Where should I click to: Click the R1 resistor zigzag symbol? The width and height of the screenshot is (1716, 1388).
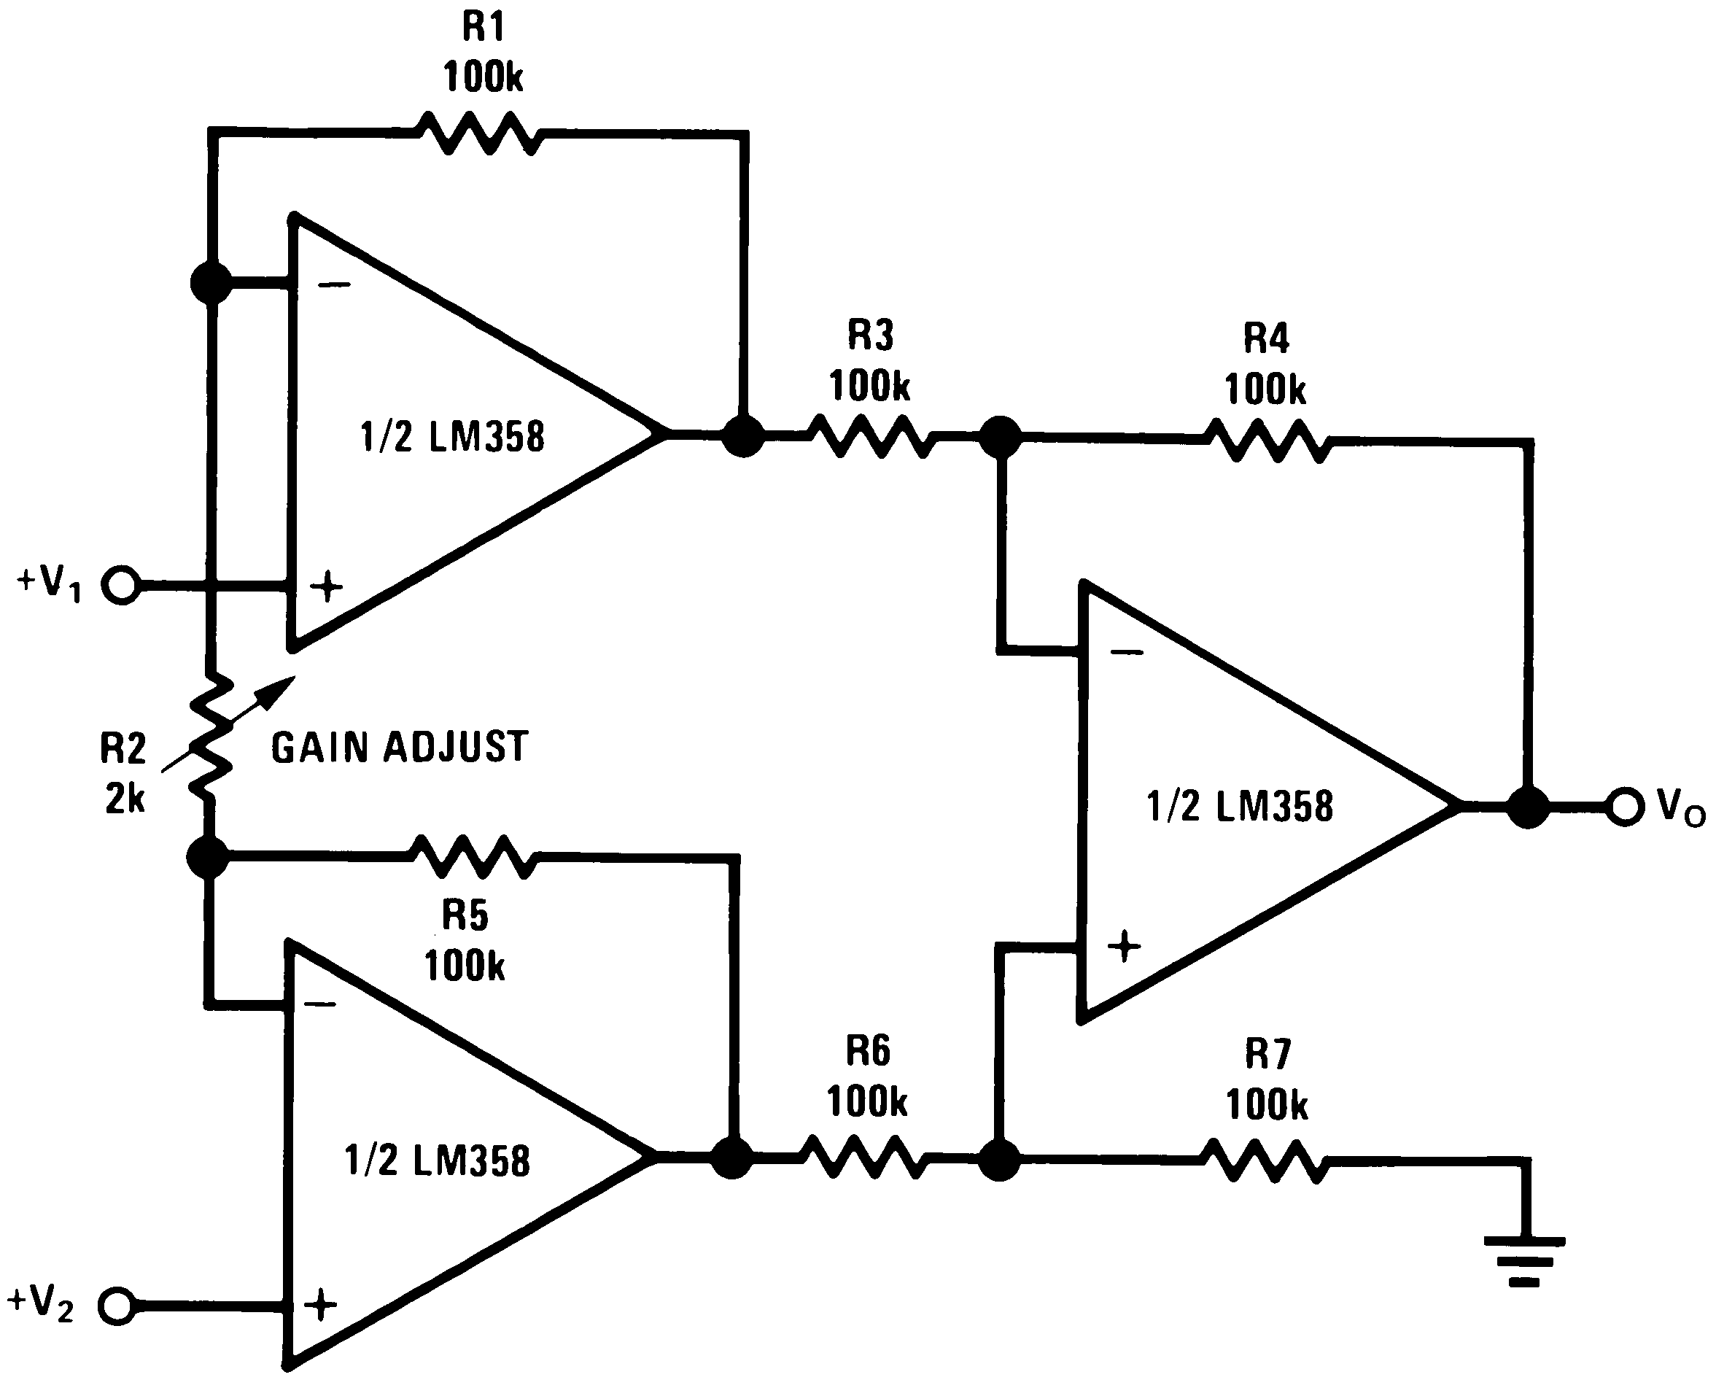[x=480, y=133]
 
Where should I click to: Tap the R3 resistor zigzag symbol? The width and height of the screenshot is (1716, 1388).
[x=870, y=435]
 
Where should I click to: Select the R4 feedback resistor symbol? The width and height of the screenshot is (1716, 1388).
[x=1267, y=440]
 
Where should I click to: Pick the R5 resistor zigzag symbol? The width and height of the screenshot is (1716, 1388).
[x=473, y=857]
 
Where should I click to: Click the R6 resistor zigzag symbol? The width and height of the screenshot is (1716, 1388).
[x=863, y=1157]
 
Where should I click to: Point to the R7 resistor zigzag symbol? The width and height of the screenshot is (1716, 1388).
[x=1265, y=1161]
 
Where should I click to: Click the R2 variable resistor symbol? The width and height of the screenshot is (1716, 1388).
[x=210, y=737]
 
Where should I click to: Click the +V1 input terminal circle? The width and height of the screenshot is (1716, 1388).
[x=122, y=585]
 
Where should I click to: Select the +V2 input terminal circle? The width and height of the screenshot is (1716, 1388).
[x=117, y=1306]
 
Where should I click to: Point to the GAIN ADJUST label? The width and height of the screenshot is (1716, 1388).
[x=400, y=748]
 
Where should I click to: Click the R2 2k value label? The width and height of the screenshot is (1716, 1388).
[x=124, y=798]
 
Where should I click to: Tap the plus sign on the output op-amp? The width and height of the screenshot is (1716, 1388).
[x=1125, y=947]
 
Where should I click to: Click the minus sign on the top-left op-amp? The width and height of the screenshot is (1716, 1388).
[x=333, y=284]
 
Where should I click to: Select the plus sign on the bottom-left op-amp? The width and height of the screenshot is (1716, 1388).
[x=320, y=1305]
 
